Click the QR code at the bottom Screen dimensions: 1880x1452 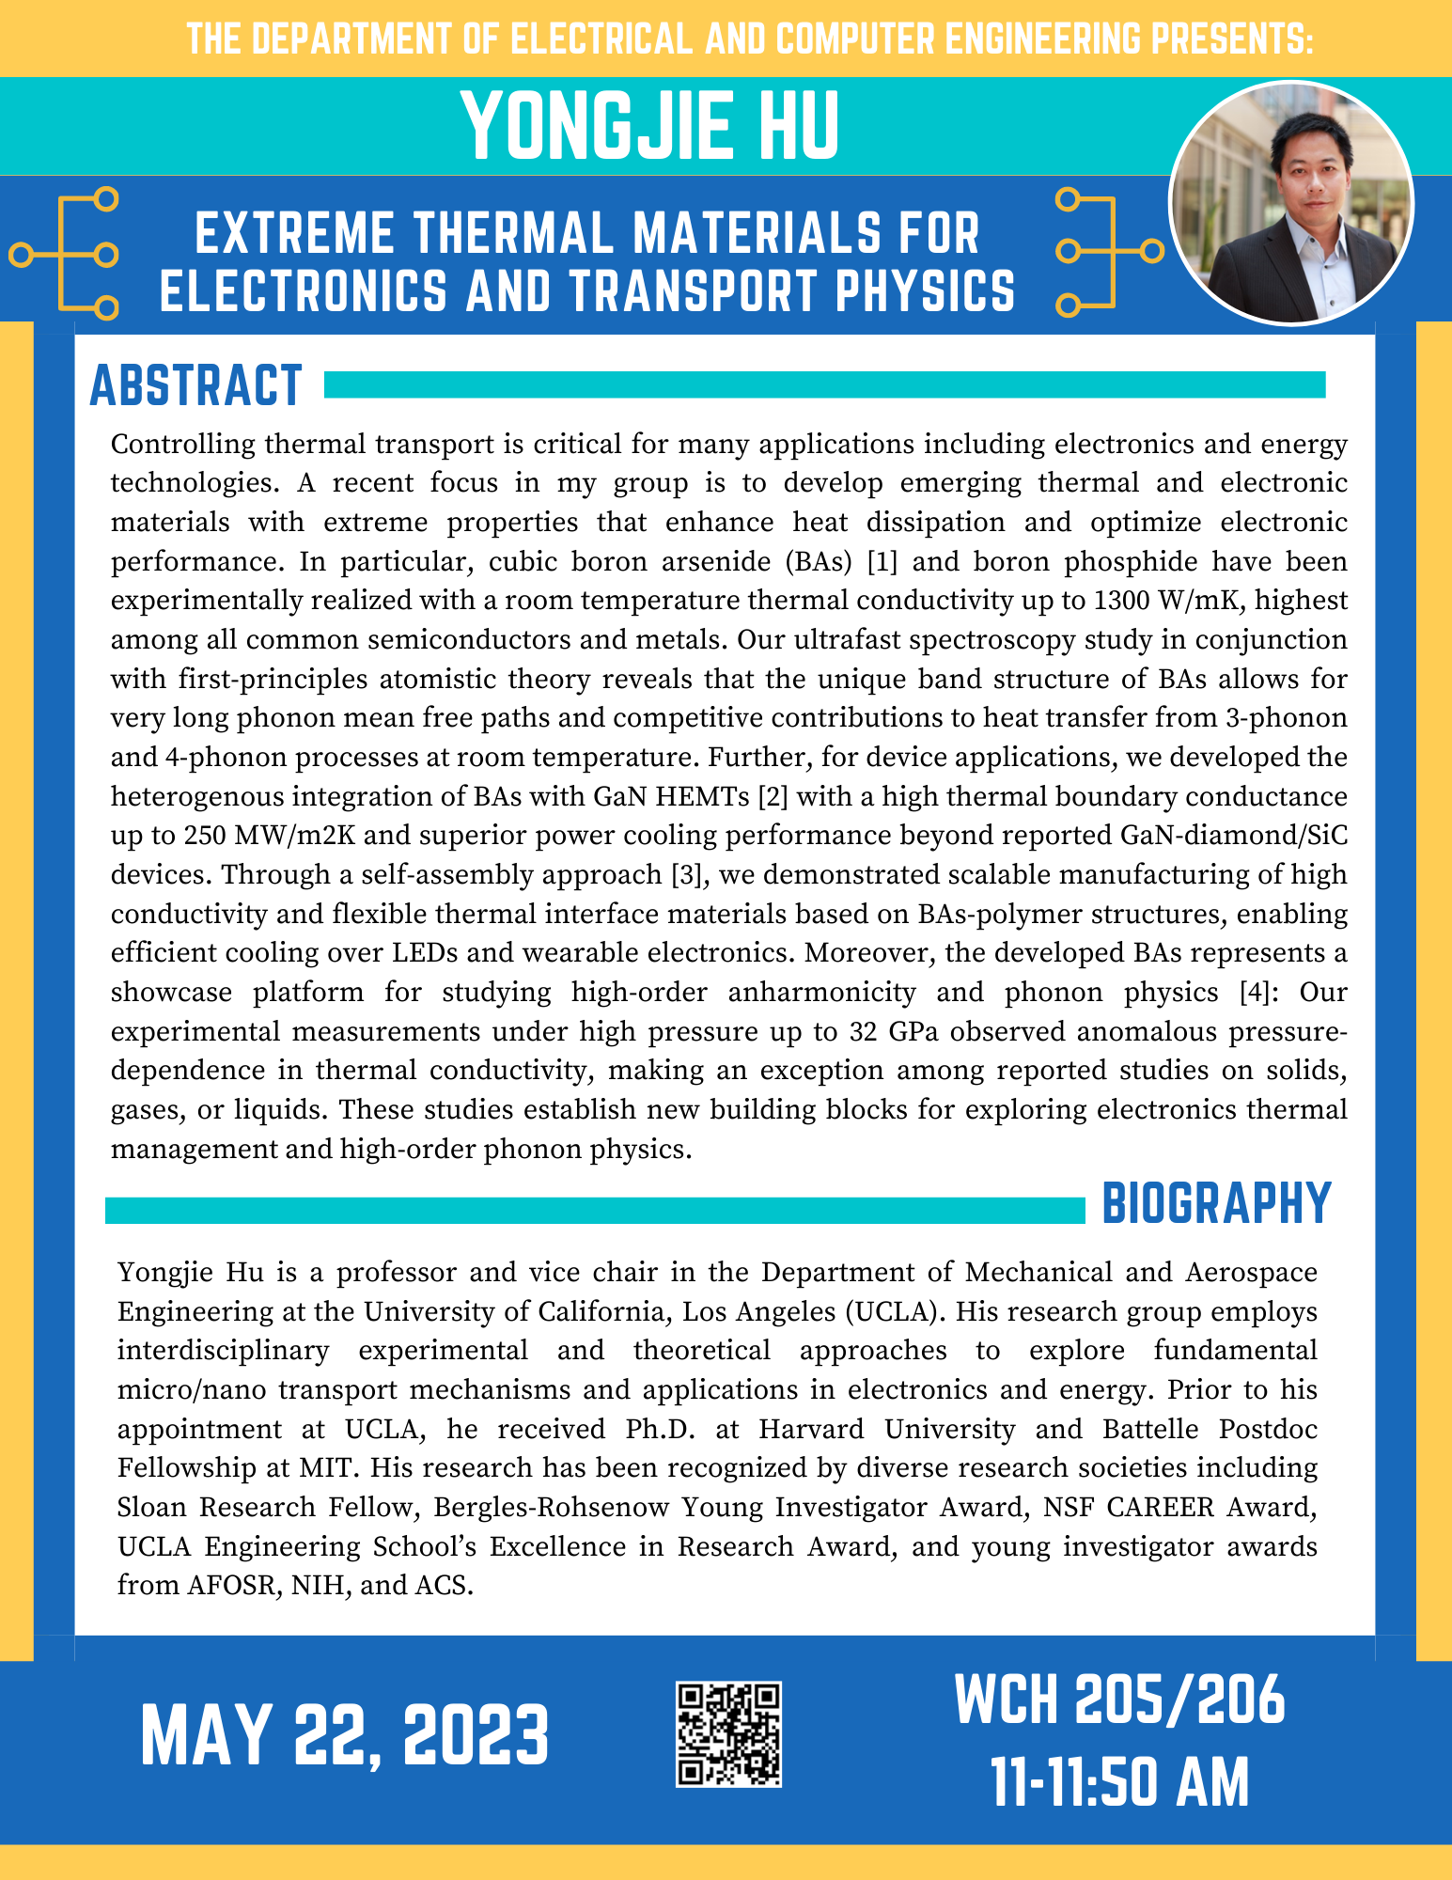coord(728,1734)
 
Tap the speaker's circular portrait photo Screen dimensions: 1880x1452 coord(1290,203)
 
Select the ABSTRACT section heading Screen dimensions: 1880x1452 coord(195,385)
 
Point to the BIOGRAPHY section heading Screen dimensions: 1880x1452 coord(1216,1202)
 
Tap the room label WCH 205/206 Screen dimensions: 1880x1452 coord(1119,1700)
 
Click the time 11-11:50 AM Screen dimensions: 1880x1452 coord(1120,1781)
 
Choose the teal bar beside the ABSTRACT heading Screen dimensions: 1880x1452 coord(824,384)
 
